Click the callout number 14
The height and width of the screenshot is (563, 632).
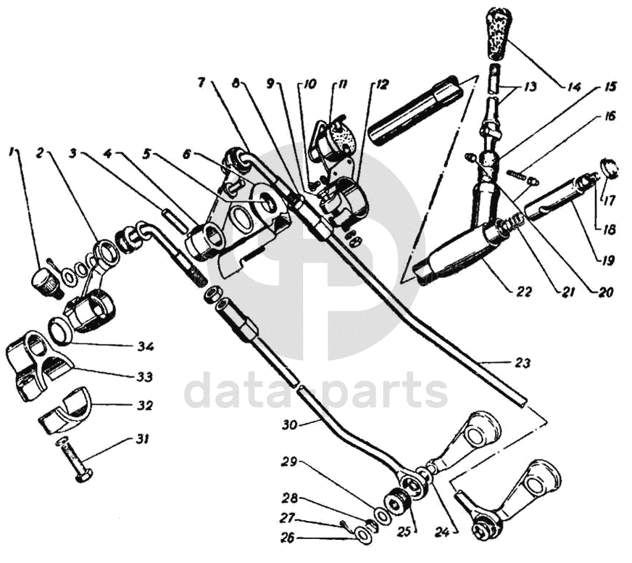point(574,87)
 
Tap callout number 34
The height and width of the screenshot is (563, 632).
point(145,348)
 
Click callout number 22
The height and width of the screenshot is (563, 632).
point(524,292)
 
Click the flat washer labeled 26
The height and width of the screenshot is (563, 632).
point(365,536)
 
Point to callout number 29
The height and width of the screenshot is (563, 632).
point(289,462)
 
